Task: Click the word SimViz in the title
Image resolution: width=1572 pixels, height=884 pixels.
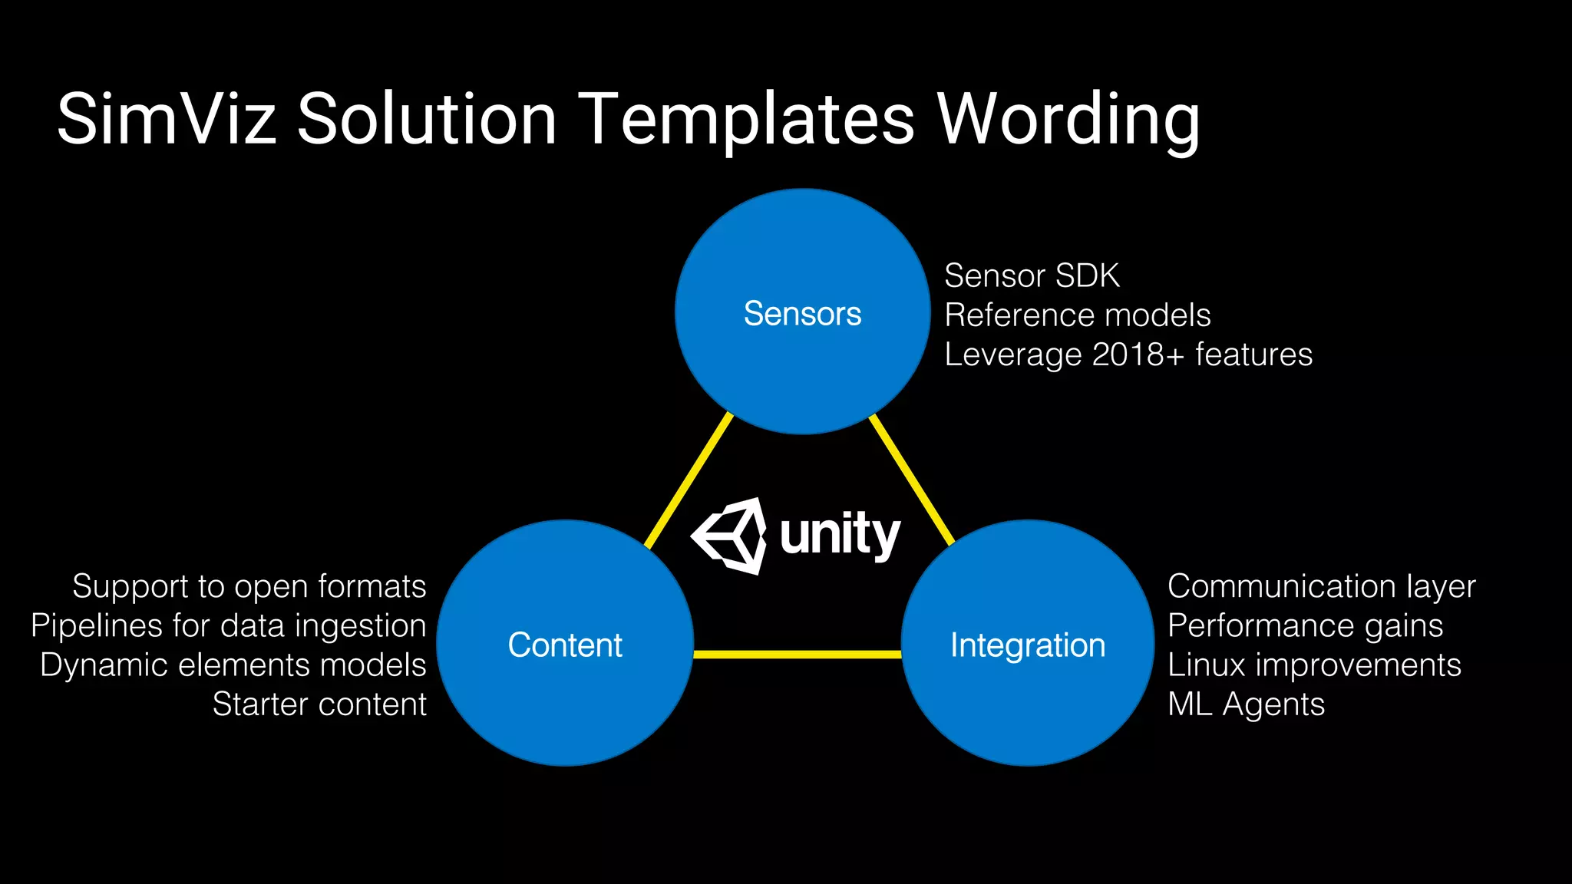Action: [166, 119]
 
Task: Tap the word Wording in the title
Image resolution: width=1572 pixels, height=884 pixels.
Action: [1068, 119]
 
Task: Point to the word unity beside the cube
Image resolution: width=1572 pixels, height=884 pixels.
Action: [840, 535]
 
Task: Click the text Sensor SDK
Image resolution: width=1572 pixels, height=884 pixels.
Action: [1031, 275]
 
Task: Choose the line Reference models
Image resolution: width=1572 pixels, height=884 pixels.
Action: [1077, 315]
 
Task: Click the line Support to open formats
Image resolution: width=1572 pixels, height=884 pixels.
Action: [249, 586]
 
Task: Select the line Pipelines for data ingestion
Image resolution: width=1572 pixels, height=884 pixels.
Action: [229, 625]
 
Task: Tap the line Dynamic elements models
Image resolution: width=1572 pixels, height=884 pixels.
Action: [233, 665]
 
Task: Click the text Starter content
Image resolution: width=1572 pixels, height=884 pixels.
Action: [319, 704]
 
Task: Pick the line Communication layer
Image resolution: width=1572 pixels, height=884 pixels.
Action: [1321, 586]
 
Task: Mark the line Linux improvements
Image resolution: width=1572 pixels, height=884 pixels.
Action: [1314, 665]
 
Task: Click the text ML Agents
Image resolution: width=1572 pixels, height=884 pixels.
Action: [1246, 704]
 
